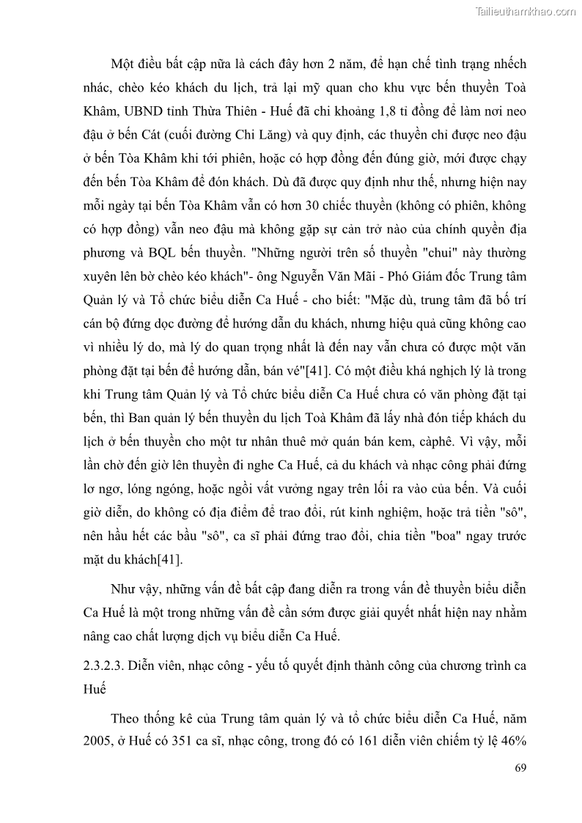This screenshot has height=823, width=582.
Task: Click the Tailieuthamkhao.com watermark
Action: pos(526,11)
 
